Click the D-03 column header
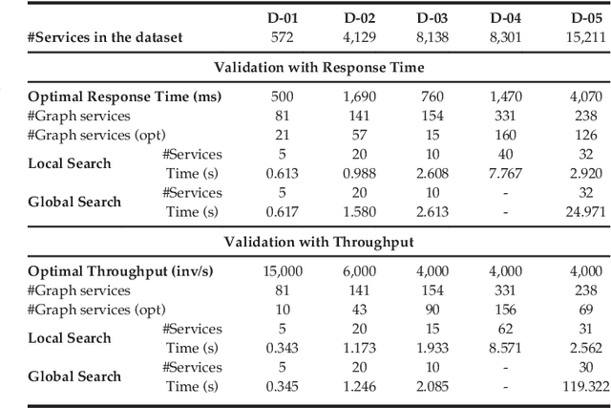coord(434,18)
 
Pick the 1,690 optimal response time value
coord(358,97)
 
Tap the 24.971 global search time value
coord(582,210)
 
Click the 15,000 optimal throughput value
coord(283,271)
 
